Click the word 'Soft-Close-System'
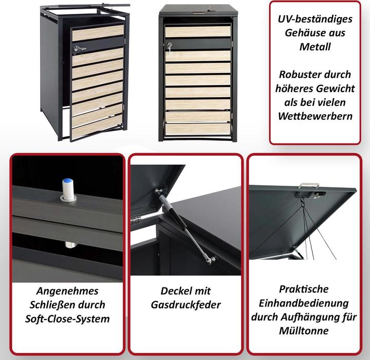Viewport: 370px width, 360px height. coord(67,319)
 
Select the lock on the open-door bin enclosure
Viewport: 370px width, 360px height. coord(80,49)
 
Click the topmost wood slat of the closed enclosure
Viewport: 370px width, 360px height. coord(198,31)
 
